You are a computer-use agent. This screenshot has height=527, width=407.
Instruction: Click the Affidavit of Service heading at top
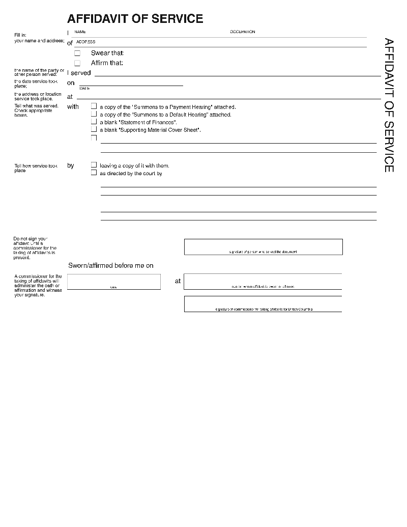tap(135, 19)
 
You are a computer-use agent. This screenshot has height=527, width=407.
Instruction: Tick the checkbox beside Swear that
tap(77, 53)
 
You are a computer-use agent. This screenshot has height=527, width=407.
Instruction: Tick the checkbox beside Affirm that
tap(77, 63)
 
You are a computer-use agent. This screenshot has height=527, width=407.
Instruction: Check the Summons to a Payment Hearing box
tap(94, 106)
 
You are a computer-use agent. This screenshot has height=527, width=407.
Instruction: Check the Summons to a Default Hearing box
tap(94, 114)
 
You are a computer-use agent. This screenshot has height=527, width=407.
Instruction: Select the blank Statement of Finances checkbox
tap(94, 122)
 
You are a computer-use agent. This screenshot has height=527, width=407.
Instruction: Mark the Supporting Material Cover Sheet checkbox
tap(94, 129)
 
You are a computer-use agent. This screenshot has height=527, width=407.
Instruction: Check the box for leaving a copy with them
tap(94, 165)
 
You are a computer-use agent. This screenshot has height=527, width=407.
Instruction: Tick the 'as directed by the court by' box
tap(94, 173)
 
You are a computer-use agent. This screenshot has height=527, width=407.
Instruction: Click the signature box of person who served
tap(263, 246)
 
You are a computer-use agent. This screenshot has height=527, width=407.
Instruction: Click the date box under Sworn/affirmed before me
tap(113, 282)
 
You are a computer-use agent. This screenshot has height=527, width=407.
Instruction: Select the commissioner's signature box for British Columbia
tap(263, 304)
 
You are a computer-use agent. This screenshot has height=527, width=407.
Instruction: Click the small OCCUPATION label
tap(242, 32)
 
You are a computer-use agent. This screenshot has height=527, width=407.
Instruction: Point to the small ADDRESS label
tap(85, 42)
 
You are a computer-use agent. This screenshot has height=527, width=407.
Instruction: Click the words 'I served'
tap(79, 73)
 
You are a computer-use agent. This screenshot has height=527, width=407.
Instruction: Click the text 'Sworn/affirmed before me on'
tap(111, 265)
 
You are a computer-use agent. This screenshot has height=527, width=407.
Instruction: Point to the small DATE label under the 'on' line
tap(84, 89)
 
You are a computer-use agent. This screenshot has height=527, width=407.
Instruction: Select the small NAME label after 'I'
tap(80, 32)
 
